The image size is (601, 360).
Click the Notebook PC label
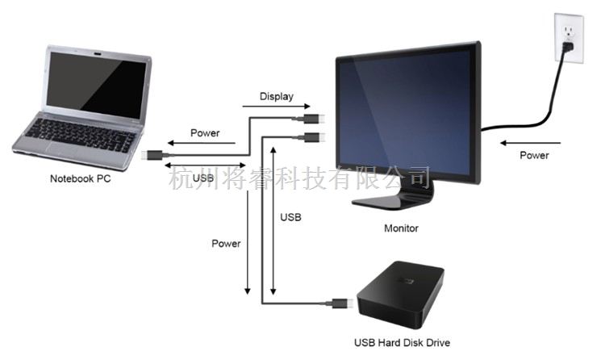(x=80, y=178)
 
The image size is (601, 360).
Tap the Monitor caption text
(x=401, y=228)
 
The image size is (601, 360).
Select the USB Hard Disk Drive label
(x=403, y=342)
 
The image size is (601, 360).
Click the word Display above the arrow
(x=277, y=97)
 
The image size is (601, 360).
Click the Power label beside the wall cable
(x=534, y=155)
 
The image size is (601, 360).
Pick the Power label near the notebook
(x=205, y=132)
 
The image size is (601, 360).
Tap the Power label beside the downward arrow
(x=226, y=242)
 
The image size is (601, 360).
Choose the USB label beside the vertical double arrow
(x=290, y=218)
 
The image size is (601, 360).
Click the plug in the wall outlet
(x=568, y=48)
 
